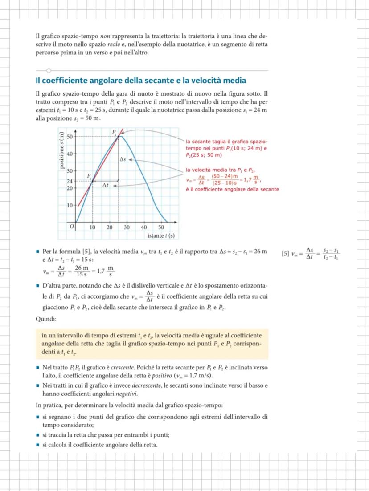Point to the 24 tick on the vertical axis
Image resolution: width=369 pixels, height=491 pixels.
70,182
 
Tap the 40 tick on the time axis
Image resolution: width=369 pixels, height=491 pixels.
144,227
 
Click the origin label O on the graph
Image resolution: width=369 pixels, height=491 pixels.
70,227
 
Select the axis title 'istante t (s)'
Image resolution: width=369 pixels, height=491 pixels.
161,235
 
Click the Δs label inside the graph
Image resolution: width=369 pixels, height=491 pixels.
123,159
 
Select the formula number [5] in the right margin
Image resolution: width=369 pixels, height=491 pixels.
285,254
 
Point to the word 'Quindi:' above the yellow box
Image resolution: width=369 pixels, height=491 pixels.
46,319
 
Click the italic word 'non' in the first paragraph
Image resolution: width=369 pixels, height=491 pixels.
105,35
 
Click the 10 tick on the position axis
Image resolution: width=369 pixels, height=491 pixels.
70,206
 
